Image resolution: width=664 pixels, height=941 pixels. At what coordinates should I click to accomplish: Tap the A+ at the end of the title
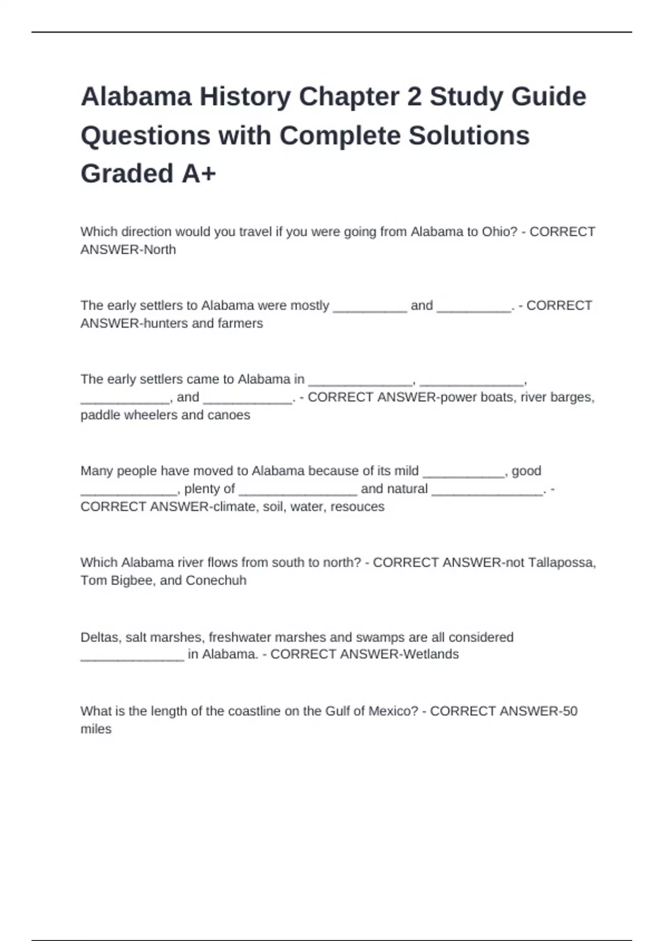(x=198, y=174)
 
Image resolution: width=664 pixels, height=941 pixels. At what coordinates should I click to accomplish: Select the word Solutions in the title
(x=469, y=136)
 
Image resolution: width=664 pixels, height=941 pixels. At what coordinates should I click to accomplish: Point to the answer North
(x=160, y=250)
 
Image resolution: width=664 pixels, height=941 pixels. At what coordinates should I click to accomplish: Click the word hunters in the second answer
(x=165, y=323)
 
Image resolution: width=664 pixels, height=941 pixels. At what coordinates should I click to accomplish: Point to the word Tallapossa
(x=562, y=563)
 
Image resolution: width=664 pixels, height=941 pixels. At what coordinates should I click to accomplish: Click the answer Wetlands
(x=431, y=655)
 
